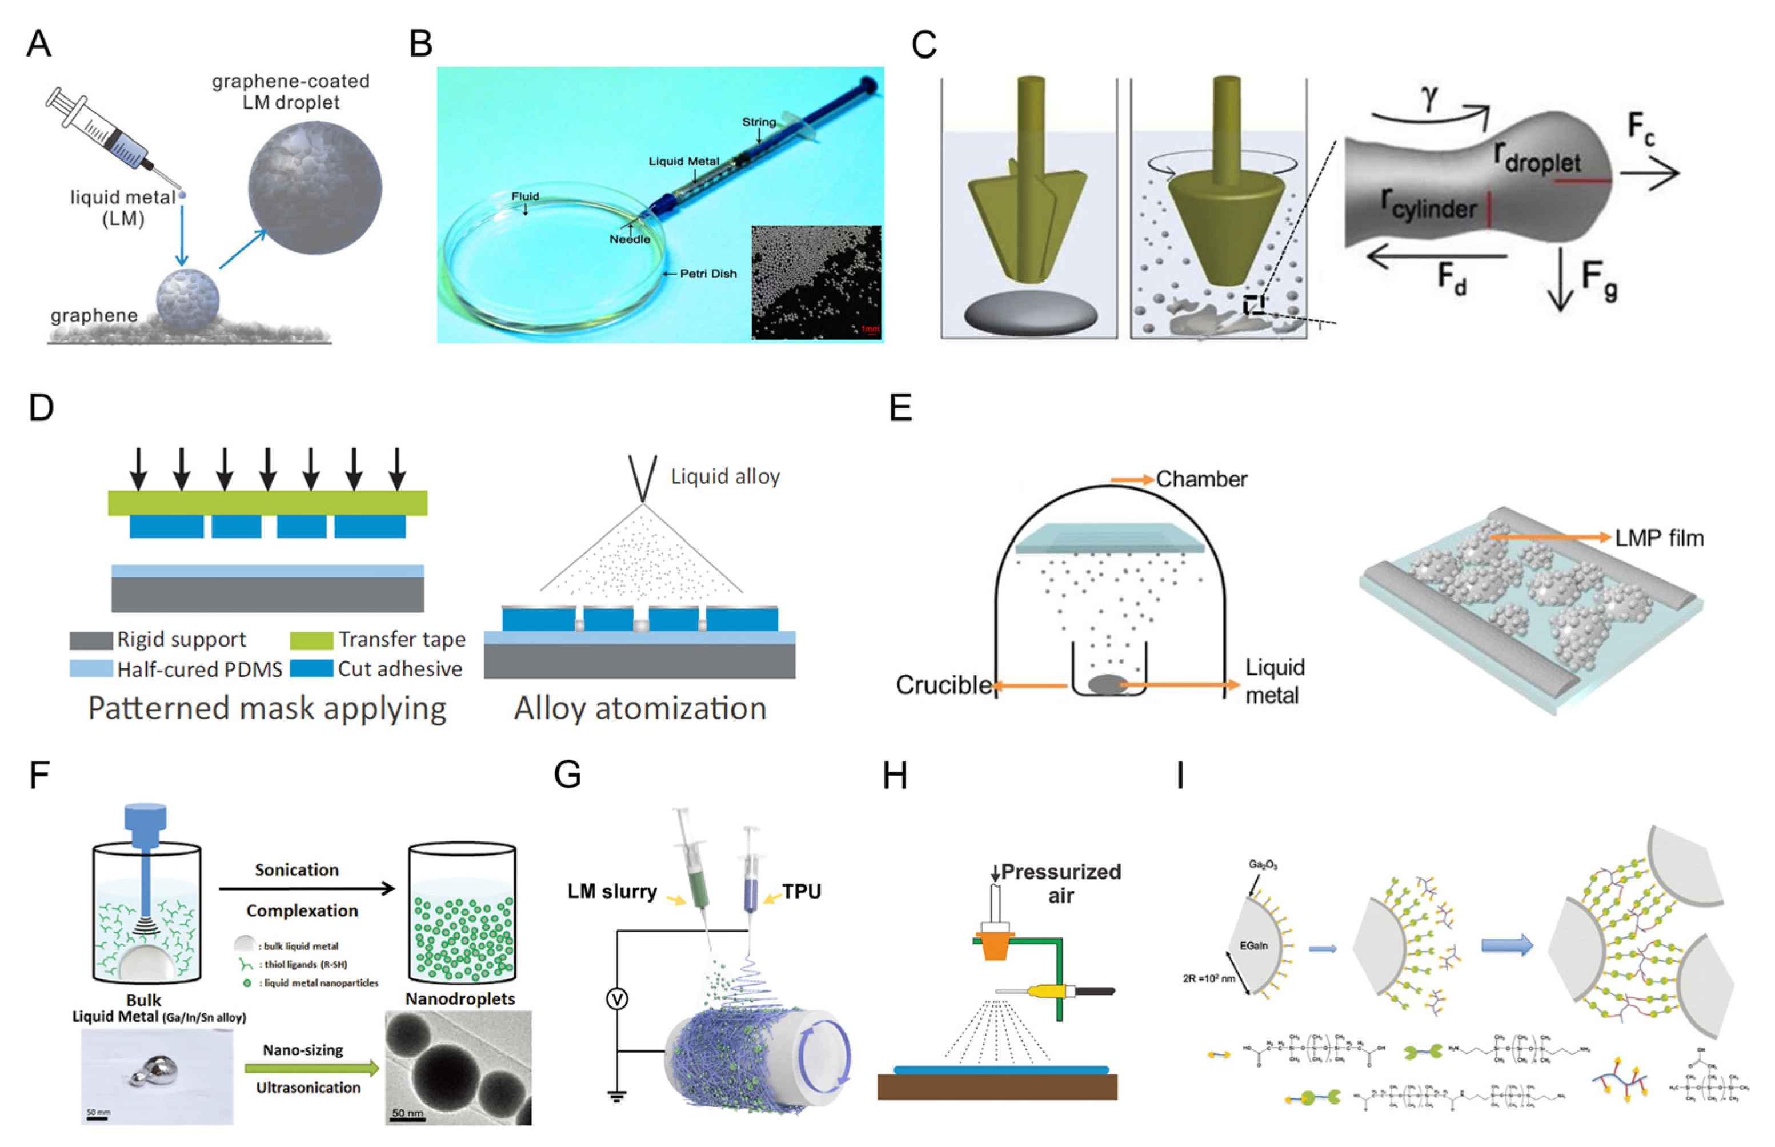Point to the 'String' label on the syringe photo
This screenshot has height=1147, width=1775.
[x=758, y=122]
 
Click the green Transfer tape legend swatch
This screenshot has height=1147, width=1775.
[x=311, y=640]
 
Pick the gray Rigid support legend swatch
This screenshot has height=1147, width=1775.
[x=91, y=640]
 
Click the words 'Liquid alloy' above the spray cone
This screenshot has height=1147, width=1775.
[x=725, y=476]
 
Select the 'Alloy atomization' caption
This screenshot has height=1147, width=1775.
[x=640, y=708]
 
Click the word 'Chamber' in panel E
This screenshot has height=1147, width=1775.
[x=1201, y=479]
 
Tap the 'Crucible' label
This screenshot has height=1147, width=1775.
[x=942, y=684]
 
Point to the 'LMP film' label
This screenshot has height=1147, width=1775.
[x=1659, y=538]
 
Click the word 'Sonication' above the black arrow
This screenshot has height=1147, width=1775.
[x=296, y=870]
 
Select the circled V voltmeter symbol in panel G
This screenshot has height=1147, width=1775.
[x=617, y=999]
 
